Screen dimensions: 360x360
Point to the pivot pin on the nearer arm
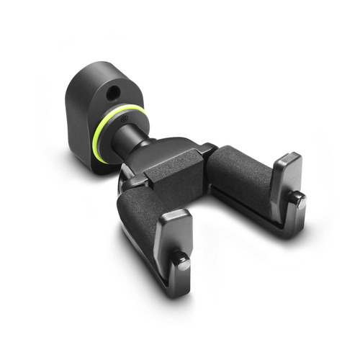tap(184, 264)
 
